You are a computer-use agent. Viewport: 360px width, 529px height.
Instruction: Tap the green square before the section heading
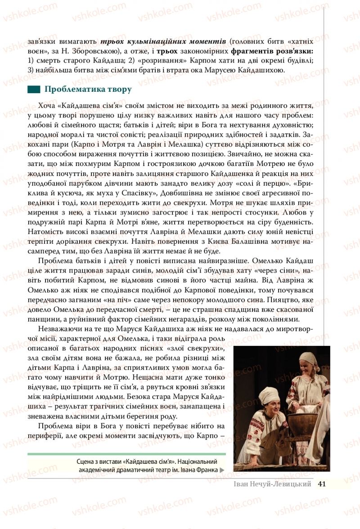click(34, 90)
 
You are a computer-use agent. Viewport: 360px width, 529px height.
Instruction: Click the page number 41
click(321, 484)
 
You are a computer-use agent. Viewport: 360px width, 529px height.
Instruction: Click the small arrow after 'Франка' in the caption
click(222, 470)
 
